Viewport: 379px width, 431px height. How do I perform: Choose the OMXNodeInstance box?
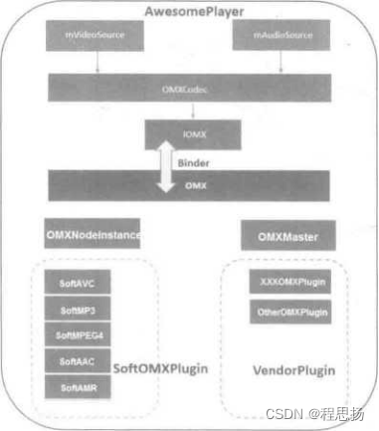point(93,237)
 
